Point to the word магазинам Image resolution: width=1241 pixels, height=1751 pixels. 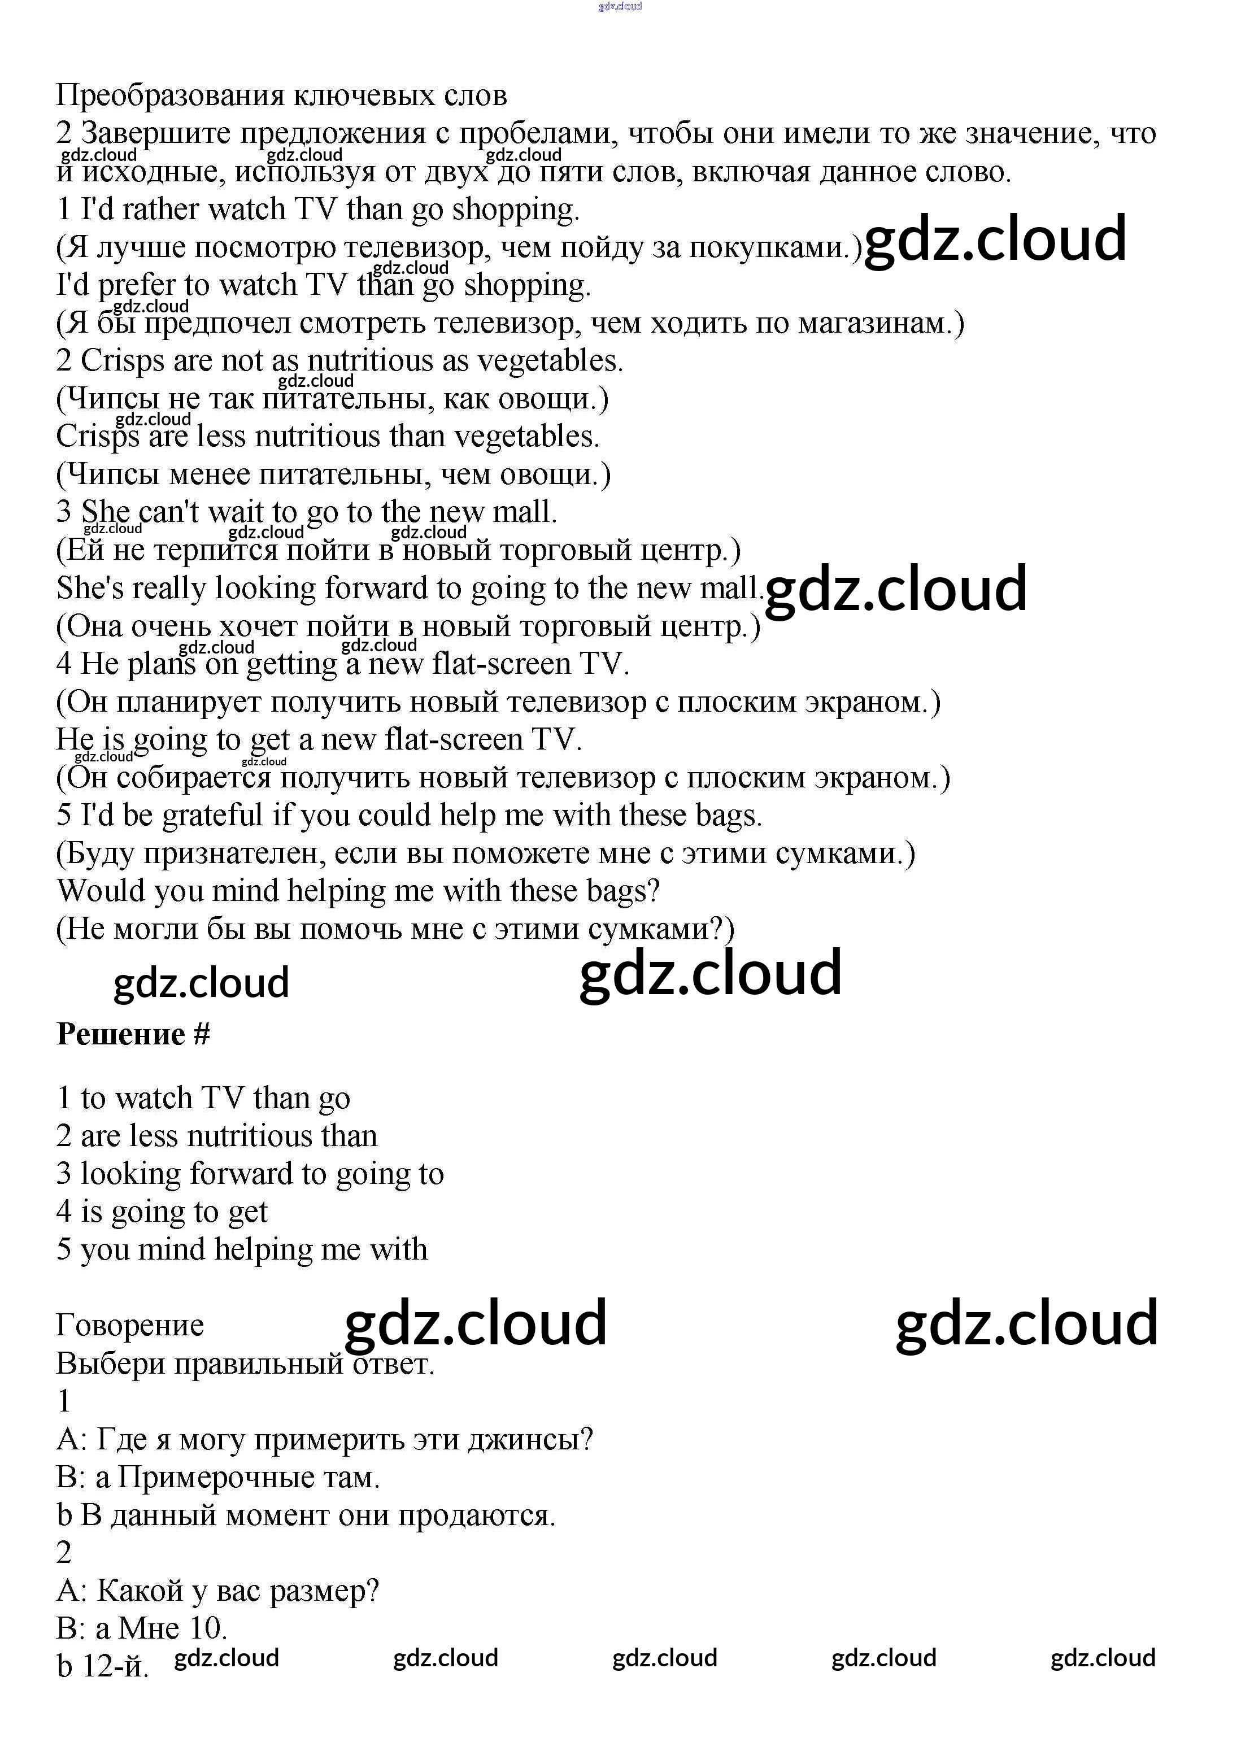pos(880,324)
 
